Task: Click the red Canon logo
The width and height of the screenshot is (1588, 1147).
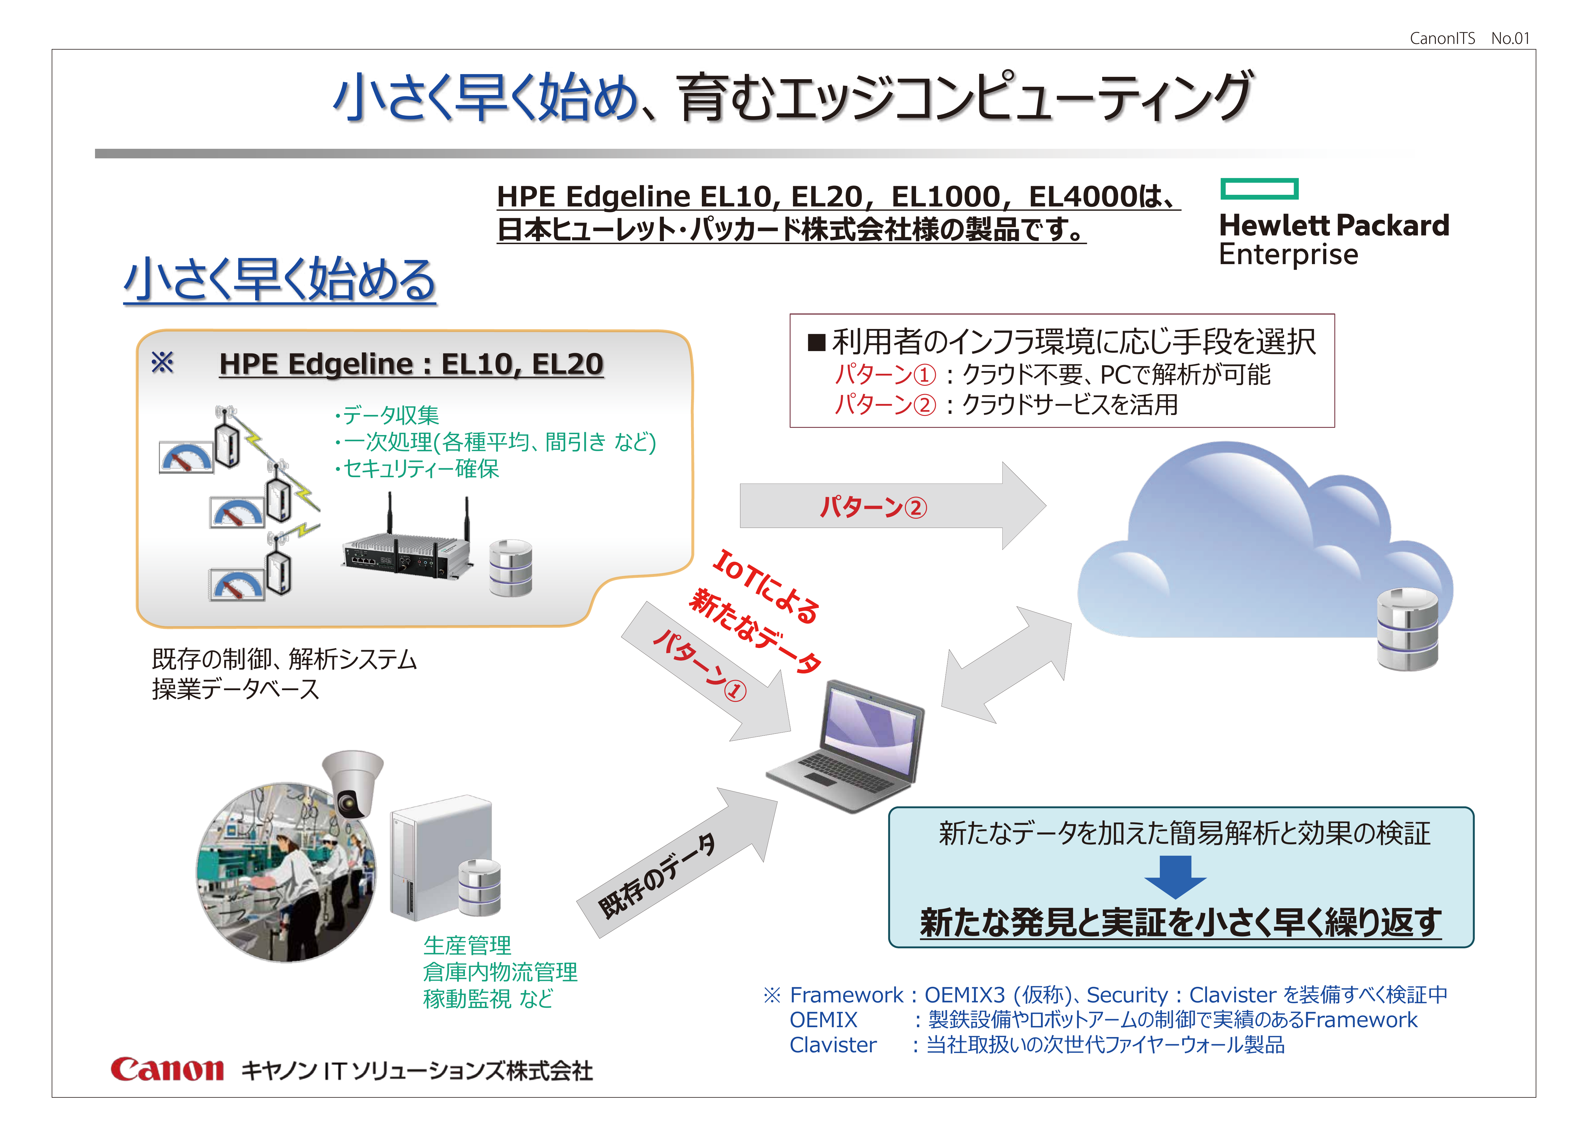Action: pos(167,1069)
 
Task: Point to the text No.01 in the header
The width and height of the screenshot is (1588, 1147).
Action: pos(1510,39)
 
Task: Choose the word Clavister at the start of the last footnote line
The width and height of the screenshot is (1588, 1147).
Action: pos(832,1045)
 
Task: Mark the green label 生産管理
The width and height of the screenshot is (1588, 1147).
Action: pos(467,945)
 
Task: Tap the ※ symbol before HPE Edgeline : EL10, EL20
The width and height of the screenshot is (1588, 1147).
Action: pos(163,363)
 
